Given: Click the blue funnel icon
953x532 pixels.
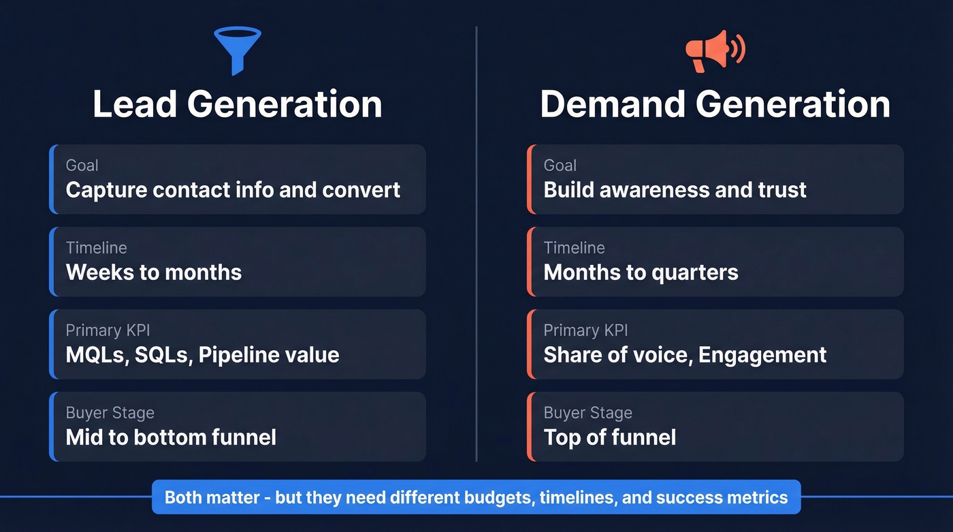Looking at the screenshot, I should click(238, 49).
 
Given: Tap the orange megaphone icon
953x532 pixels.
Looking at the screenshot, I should click(714, 51).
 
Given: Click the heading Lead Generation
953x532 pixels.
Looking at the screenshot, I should click(238, 104).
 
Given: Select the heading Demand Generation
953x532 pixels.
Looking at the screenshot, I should click(715, 104).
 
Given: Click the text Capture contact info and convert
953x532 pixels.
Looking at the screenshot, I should click(233, 189).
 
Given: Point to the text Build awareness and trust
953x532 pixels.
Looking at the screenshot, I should click(675, 189).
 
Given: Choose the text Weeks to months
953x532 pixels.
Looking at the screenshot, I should click(154, 272).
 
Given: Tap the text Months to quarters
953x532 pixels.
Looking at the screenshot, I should click(641, 272).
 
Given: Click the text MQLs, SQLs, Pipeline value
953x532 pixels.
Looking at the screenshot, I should click(202, 355).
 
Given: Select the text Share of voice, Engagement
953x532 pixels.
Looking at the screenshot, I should click(685, 355).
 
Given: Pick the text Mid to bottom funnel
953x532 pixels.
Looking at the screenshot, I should click(171, 437).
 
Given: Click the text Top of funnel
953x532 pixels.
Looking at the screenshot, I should click(610, 437).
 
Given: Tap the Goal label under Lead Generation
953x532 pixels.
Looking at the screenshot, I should click(82, 166).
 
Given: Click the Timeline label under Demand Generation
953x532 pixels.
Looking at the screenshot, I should click(574, 248).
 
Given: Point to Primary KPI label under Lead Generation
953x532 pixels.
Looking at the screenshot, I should click(108, 330).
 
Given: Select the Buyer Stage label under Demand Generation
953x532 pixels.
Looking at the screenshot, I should click(587, 413).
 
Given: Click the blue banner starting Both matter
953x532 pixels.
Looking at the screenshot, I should click(476, 497).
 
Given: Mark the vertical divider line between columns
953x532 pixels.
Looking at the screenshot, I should click(476, 245).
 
